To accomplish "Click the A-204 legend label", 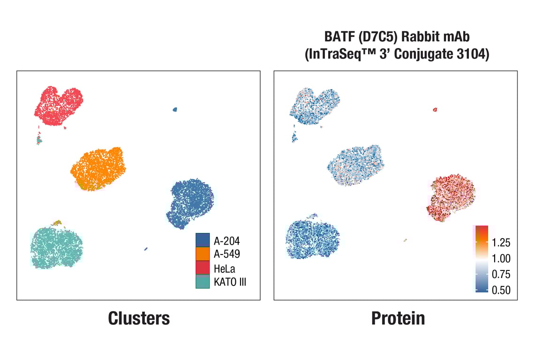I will (x=226, y=241).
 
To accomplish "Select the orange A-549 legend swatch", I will (x=203, y=254).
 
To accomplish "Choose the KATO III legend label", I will (x=230, y=282).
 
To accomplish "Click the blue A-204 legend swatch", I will (x=203, y=240).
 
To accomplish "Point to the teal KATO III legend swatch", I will (x=203, y=281).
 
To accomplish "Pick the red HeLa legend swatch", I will (x=203, y=268).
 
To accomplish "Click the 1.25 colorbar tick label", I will (x=501, y=242).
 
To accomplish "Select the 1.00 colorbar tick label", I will (x=501, y=258).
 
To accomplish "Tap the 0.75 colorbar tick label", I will (x=501, y=274).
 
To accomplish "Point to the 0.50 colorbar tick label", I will (x=501, y=290).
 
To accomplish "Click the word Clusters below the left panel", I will (x=139, y=318).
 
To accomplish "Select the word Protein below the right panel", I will (x=398, y=318).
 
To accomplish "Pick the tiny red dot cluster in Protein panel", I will (x=435, y=110).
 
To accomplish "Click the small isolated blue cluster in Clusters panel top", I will (x=175, y=109).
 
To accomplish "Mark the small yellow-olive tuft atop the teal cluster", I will (x=58, y=222).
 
